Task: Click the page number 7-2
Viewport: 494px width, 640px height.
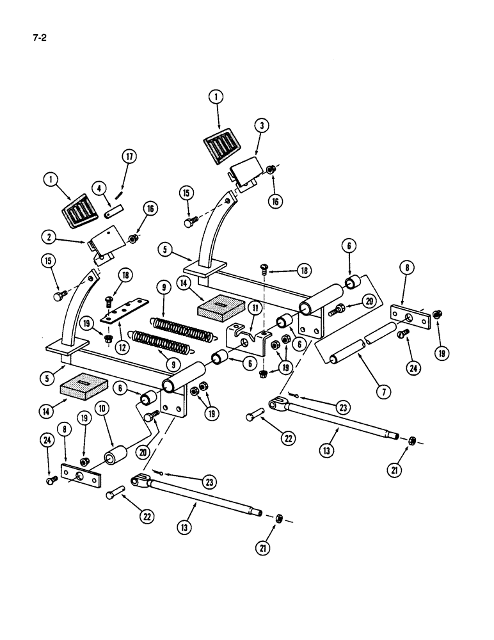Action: click(x=40, y=37)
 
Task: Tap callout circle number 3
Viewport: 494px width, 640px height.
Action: click(x=260, y=125)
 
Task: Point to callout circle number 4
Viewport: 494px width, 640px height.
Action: click(x=100, y=188)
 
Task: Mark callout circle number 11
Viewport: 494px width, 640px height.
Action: click(x=256, y=308)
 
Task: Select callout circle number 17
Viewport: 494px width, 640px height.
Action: click(x=130, y=156)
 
